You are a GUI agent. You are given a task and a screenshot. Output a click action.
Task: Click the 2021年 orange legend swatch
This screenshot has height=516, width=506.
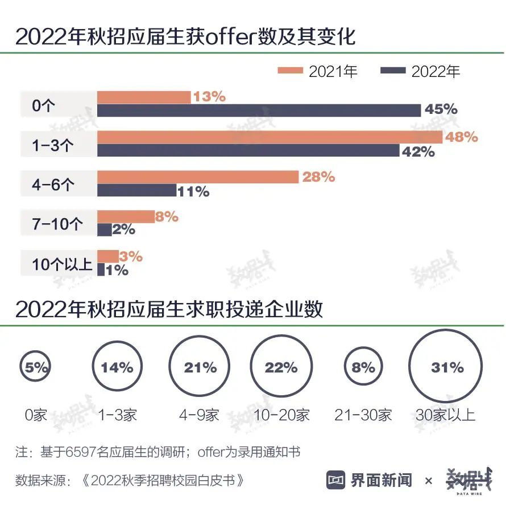coord(291,71)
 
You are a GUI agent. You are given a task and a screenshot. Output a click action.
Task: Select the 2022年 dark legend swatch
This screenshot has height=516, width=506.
coord(393,71)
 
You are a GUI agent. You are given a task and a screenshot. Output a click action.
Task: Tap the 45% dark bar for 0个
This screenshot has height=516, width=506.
coord(259,110)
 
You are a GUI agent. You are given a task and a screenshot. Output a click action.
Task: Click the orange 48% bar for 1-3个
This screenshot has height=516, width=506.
coord(269,137)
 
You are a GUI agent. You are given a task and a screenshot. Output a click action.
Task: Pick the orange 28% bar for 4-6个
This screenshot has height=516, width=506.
coord(197,177)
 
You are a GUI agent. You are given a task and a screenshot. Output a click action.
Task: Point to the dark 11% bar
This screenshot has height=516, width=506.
coord(136,190)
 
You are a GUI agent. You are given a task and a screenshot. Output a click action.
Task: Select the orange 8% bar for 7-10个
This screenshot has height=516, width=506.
coord(126,216)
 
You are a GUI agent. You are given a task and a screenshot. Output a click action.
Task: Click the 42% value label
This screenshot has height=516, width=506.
coord(419,151)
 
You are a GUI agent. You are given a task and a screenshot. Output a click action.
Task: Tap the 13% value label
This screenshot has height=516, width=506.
coord(209,97)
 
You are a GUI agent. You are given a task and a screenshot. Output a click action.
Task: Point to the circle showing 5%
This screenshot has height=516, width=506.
coord(35,368)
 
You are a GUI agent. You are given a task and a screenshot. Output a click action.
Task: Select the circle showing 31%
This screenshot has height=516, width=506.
coord(447,368)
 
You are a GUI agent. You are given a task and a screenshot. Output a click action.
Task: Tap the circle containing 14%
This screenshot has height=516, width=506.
coord(117,368)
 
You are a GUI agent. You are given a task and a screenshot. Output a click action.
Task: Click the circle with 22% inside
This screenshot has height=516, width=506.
coord(281,368)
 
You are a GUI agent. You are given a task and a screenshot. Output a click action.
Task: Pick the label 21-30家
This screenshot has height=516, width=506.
coord(363,415)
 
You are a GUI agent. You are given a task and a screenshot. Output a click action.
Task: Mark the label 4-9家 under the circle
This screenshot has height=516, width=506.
coord(199,415)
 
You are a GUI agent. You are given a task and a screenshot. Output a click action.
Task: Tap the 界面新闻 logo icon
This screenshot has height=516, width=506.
coord(336,480)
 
